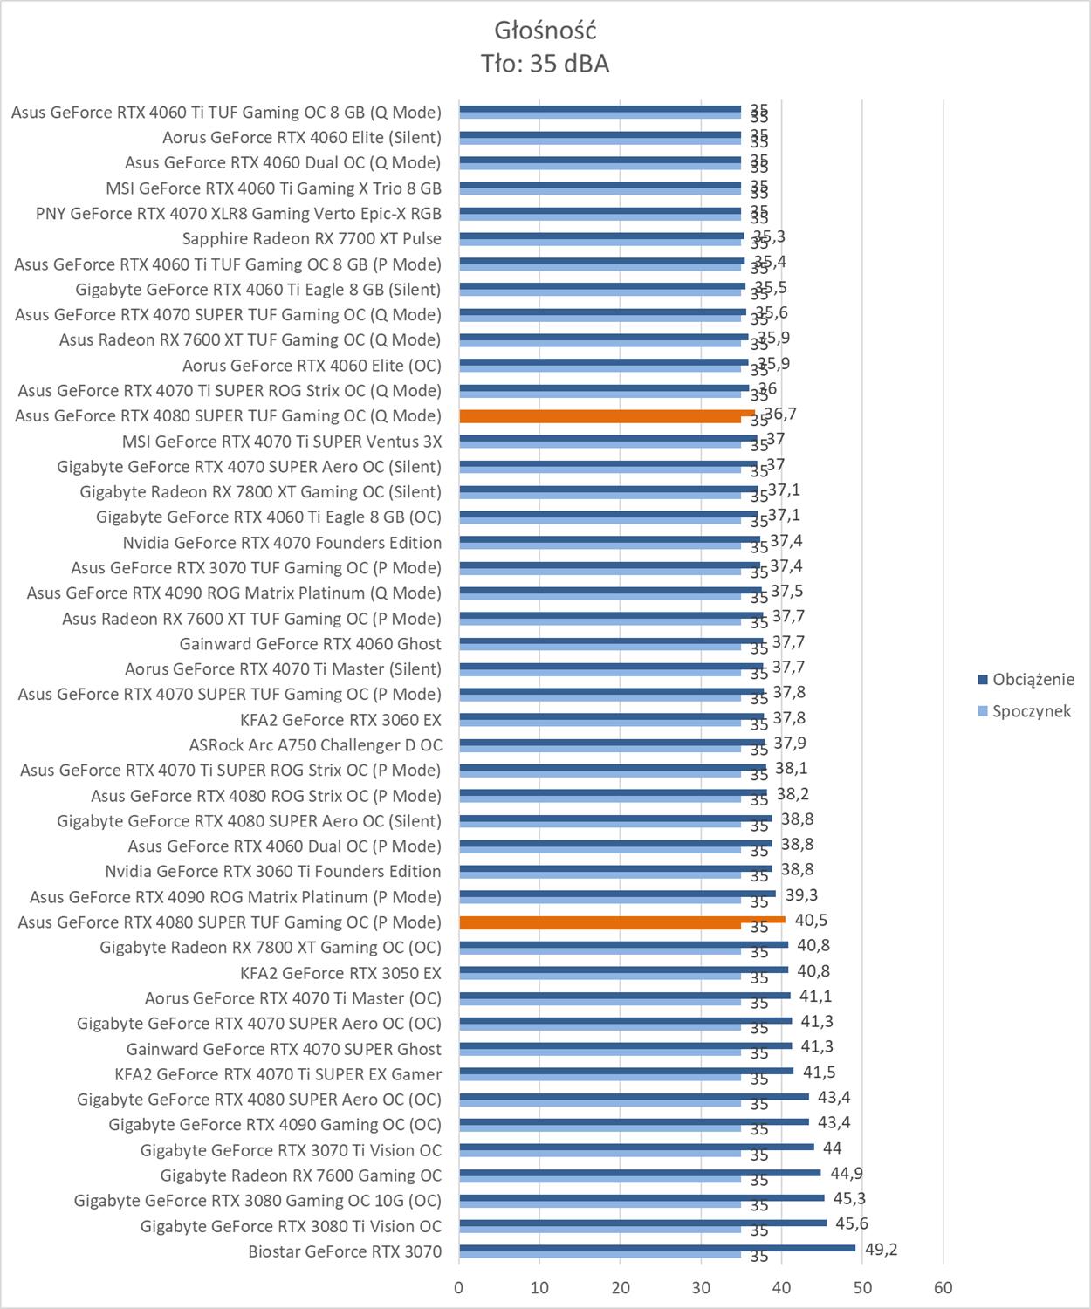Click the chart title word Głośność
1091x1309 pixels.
[545, 31]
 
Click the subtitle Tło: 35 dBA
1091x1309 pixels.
[545, 64]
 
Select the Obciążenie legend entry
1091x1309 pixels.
[1033, 679]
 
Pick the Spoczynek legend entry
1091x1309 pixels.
[1031, 711]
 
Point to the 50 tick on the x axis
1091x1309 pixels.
[862, 1287]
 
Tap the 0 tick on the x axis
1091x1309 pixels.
[459, 1287]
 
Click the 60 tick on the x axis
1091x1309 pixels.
[943, 1287]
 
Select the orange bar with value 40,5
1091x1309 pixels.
[621, 920]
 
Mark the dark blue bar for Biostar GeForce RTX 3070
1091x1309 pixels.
[656, 1248]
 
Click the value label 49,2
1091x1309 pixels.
[881, 1250]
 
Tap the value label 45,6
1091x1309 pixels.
[852, 1224]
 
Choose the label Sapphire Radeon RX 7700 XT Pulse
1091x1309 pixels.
[312, 238]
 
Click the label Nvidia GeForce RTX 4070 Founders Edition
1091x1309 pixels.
[282, 542]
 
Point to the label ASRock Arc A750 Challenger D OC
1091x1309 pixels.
[315, 744]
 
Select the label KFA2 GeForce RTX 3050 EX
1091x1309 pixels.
[340, 972]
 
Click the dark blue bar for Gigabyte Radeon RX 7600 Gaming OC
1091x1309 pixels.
[639, 1172]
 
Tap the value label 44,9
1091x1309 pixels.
[846, 1174]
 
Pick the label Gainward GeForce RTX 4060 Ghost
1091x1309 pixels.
[310, 643]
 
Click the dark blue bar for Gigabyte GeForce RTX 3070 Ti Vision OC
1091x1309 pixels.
[635, 1147]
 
